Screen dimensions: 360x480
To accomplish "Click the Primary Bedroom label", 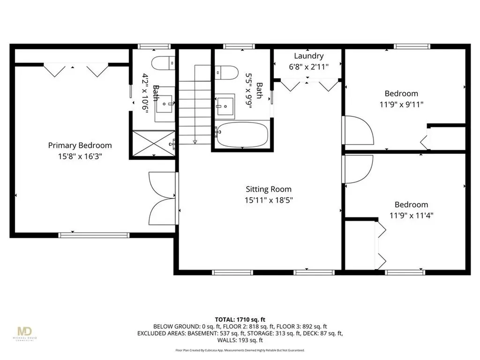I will (80, 145).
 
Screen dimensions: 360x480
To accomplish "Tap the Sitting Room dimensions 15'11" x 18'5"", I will (269, 200).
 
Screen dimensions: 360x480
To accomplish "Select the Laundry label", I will (308, 56).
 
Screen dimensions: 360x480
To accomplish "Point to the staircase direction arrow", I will (194, 141).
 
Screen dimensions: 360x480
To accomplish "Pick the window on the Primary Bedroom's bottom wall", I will (94, 234).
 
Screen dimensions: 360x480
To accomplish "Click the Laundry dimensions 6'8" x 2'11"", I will (308, 67).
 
